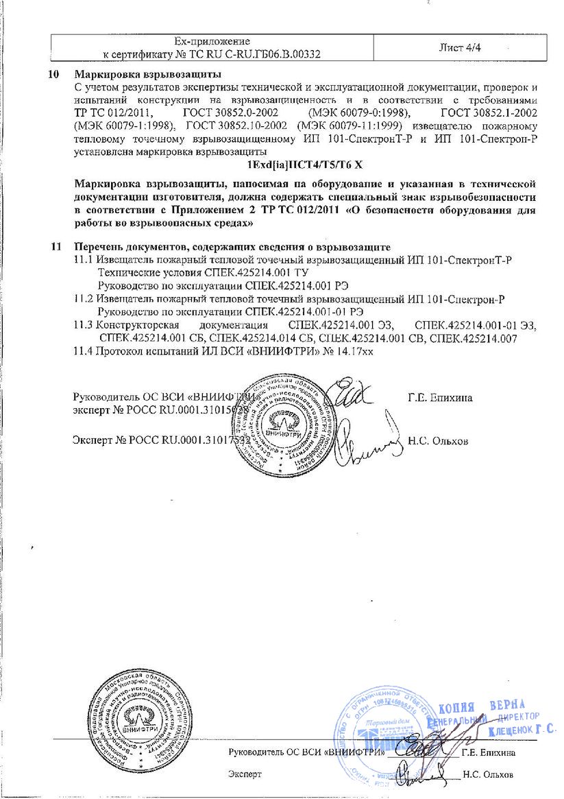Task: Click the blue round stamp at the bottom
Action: [384, 737]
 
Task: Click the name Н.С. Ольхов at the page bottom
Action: [487, 775]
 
